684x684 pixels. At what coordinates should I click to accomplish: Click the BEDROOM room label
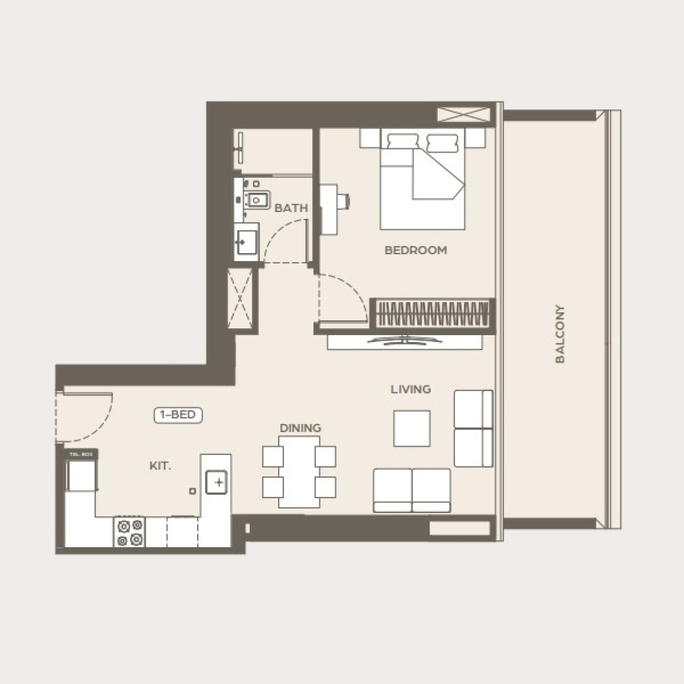pos(415,250)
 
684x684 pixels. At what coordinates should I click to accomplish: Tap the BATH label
pos(291,208)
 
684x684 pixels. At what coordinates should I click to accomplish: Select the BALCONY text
pos(560,333)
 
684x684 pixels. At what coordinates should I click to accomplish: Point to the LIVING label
pos(410,389)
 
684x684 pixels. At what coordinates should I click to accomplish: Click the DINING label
pos(300,428)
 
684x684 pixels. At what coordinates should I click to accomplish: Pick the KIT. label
pos(160,465)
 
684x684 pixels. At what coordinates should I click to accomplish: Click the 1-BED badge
pos(178,415)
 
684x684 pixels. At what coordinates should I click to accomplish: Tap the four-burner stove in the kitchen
pos(129,532)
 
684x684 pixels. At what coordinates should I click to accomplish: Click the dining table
pos(299,471)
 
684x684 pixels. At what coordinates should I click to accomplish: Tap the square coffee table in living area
pos(411,428)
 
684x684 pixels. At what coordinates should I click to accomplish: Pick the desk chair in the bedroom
pos(344,200)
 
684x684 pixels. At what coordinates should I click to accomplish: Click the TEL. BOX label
pos(81,455)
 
